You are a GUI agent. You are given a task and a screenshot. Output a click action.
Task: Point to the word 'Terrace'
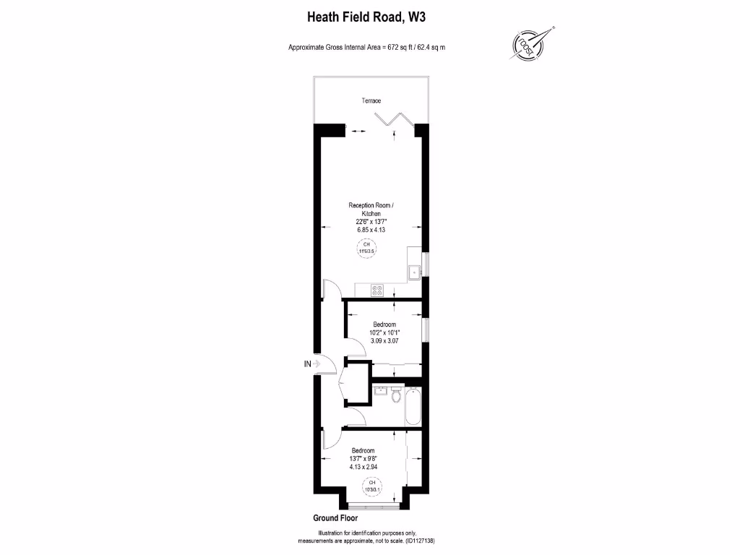(371, 100)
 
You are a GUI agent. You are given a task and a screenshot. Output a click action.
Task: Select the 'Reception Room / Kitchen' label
(371, 210)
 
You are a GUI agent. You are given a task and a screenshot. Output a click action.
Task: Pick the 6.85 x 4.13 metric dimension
(371, 229)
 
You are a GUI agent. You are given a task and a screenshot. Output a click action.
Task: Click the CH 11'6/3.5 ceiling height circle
(366, 249)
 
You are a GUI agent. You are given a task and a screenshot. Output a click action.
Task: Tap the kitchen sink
(415, 272)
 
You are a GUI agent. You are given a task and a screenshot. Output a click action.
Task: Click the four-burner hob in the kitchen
(377, 290)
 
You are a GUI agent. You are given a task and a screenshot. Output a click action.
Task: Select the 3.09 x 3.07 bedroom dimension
(384, 340)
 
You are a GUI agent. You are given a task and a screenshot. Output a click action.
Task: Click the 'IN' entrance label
(308, 364)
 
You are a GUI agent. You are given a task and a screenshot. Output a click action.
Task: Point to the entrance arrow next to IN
(317, 364)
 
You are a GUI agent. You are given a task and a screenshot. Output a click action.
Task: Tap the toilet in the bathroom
(395, 396)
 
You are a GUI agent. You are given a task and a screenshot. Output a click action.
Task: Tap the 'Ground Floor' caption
(335, 518)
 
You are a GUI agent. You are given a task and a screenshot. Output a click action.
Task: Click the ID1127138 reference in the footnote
(418, 541)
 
